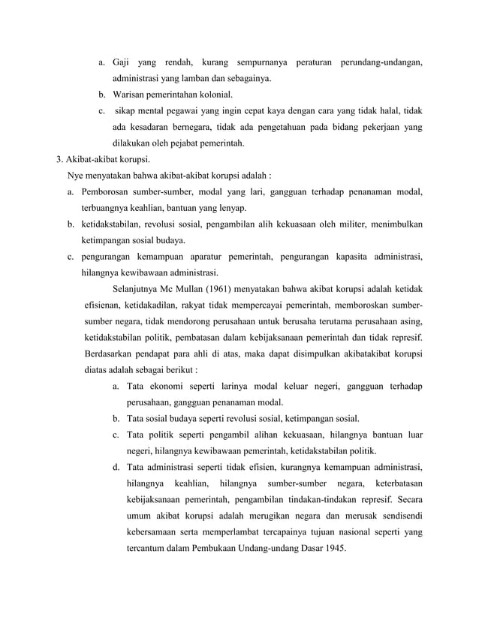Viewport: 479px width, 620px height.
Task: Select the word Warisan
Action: click(131, 95)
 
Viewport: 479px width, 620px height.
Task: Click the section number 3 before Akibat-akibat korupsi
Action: click(60, 160)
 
